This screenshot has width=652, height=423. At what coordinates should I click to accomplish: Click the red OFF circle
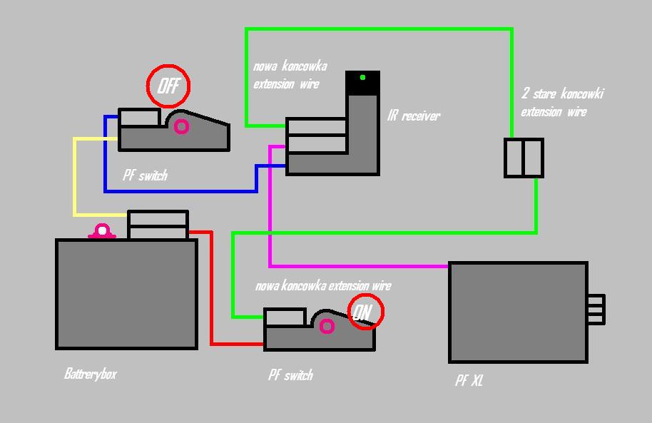168,86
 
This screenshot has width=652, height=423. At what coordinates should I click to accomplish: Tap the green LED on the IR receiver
362,77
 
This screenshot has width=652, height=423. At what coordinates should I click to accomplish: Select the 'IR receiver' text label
414,116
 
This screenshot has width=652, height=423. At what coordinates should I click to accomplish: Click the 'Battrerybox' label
90,374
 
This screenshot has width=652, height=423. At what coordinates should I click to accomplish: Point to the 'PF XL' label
469,381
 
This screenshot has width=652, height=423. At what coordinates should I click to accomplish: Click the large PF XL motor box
518,312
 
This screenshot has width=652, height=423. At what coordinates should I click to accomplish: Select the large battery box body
126,294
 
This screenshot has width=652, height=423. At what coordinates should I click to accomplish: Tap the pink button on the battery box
102,231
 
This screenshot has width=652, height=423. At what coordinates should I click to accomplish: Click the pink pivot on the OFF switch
181,127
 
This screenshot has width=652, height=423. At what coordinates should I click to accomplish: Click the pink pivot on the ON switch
327,326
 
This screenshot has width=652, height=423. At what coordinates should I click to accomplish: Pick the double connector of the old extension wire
524,158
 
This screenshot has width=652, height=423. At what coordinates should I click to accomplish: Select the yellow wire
74,178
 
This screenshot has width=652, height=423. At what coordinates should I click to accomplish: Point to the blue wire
178,191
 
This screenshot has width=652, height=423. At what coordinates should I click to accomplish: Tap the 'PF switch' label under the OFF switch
145,175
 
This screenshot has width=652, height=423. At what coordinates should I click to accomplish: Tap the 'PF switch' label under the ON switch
290,375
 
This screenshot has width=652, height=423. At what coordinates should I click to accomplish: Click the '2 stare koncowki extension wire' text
562,103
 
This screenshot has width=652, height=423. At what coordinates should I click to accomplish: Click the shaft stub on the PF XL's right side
596,310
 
